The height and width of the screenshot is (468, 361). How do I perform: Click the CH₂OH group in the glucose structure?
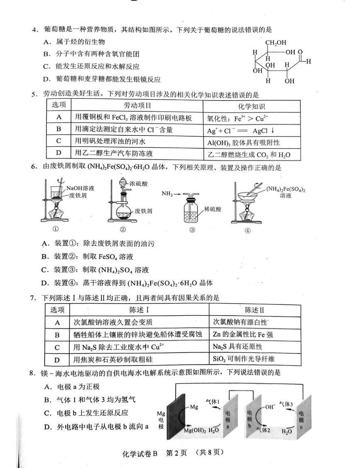tap(274, 42)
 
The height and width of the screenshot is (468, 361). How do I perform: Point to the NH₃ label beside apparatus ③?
tap(168, 194)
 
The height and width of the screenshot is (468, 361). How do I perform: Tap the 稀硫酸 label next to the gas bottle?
tap(212, 209)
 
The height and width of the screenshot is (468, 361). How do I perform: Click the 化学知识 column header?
tap(251, 106)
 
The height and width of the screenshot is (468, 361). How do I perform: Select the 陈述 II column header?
tap(254, 310)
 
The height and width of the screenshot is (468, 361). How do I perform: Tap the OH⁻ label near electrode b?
tap(269, 407)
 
